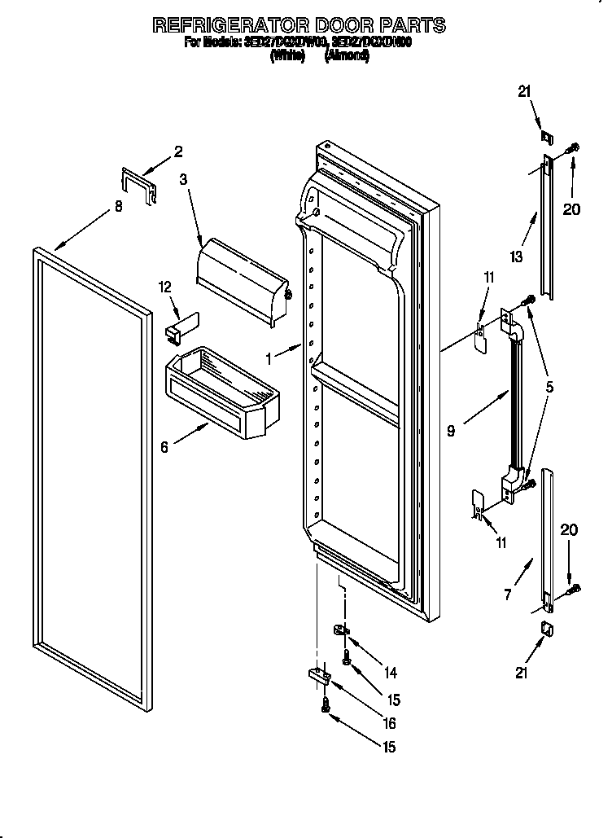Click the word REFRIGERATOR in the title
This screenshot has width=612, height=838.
coord(225,25)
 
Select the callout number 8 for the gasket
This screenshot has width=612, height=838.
coord(118,207)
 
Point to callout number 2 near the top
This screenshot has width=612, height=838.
coord(178,151)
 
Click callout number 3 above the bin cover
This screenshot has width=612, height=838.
coord(183,179)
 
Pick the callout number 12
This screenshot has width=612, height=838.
coord(166,286)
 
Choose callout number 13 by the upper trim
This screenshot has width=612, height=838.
coord(514,257)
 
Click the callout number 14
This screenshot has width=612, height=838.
coord(390,673)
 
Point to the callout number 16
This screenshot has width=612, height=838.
coord(390,722)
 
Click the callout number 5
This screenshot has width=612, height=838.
coord(550,388)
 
